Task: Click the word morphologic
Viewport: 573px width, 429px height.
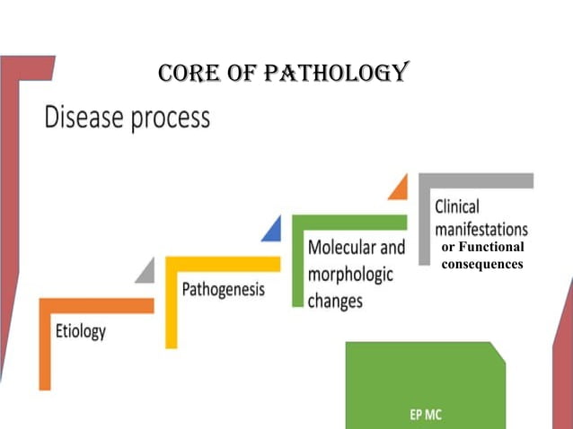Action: [350, 275]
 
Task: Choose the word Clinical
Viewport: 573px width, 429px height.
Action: [457, 206]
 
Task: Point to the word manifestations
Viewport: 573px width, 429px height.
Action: [481, 229]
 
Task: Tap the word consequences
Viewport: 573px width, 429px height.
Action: [481, 264]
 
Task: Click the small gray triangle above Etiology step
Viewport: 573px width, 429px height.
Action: [145, 272]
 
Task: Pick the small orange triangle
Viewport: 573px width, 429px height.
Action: [398, 188]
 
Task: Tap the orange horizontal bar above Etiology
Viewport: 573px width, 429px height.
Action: [97, 305]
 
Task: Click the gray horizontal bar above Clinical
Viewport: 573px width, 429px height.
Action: [476, 180]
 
